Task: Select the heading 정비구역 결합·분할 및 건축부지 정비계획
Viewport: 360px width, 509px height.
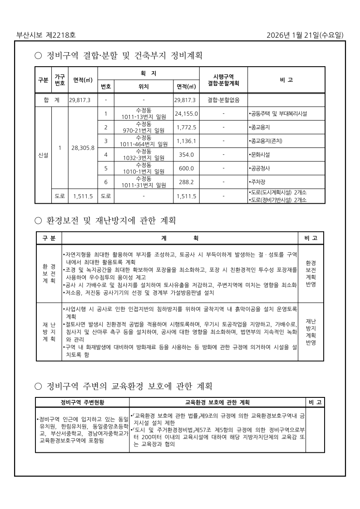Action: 124,56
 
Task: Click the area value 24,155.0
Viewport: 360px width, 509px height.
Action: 186,113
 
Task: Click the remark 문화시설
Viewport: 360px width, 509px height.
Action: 260,155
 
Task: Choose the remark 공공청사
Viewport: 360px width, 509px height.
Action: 260,168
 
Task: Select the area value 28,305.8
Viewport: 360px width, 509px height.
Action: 83,148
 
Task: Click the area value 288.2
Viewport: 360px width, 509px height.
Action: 186,182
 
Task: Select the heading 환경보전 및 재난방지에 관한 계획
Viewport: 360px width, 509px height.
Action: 111,221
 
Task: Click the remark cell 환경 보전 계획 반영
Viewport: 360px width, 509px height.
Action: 311,274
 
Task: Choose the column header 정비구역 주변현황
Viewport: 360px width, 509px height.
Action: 82,402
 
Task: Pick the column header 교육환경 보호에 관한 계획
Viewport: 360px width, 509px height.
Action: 217,402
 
